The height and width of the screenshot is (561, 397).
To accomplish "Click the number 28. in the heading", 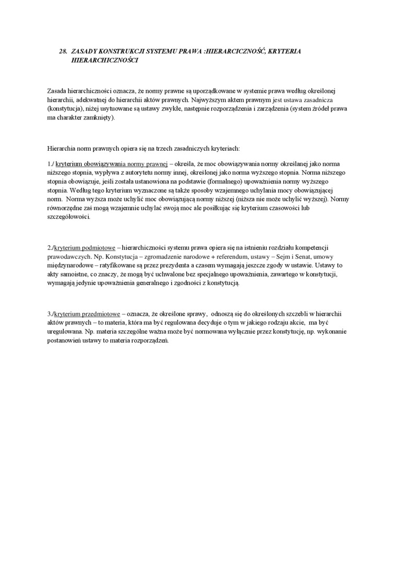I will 63,52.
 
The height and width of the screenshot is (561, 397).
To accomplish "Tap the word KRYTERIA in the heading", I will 284,52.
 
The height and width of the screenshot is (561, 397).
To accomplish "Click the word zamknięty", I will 98,118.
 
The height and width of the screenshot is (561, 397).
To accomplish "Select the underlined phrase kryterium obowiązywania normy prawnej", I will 111,163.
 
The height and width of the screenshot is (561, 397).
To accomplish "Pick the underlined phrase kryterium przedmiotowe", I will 86,314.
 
